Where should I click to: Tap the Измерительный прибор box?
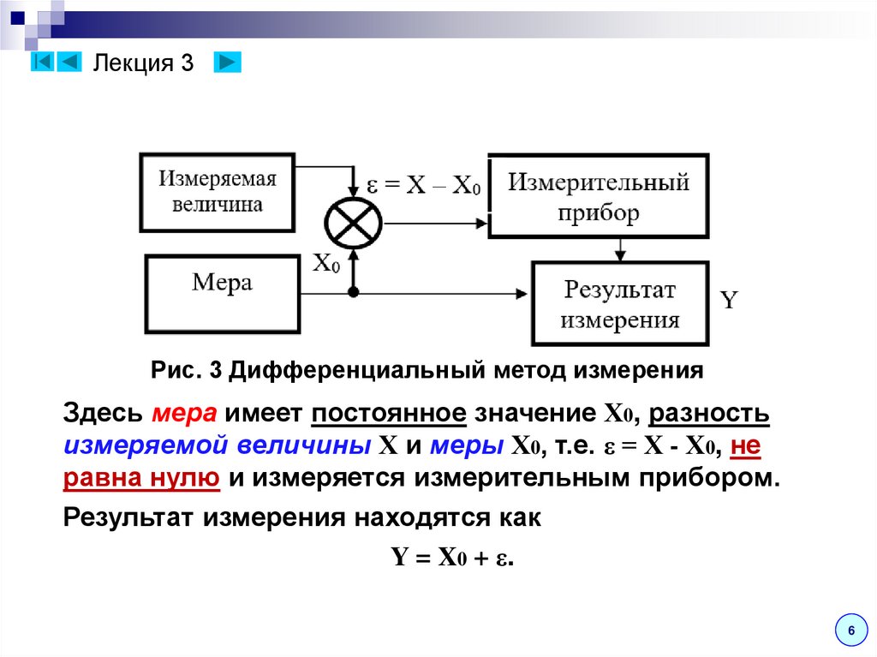click(x=598, y=196)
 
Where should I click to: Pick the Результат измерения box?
click(x=620, y=304)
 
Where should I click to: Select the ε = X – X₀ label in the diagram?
click(x=423, y=185)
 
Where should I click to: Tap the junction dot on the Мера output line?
click(x=353, y=293)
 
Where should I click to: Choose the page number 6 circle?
click(x=850, y=630)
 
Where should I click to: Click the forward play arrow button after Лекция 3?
click(x=227, y=63)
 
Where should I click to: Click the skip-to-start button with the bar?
click(x=44, y=63)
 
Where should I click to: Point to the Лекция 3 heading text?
click(x=144, y=63)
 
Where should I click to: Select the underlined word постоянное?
click(x=389, y=415)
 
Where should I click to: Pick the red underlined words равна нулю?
click(x=141, y=477)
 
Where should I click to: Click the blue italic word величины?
click(x=303, y=445)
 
